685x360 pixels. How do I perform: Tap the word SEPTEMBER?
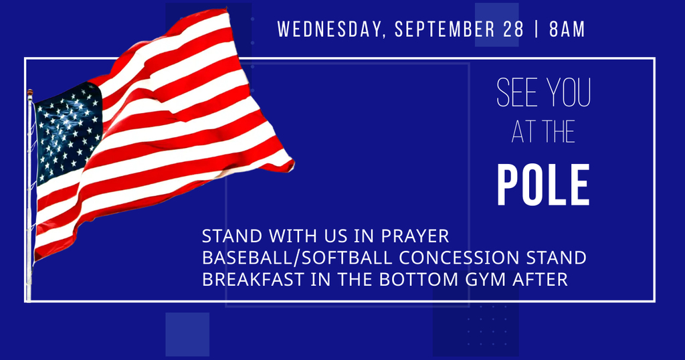point(444,29)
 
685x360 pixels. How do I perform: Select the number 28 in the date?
point(513,29)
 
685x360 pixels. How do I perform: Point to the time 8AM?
point(567,29)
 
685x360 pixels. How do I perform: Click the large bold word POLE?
point(544,185)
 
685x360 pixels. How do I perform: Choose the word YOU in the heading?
point(569,92)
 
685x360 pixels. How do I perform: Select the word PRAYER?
point(415,236)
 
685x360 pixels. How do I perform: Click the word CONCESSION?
point(459,258)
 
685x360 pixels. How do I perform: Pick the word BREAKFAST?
point(253,279)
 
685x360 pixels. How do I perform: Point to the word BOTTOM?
point(419,279)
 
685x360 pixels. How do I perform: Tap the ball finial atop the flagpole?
point(29,92)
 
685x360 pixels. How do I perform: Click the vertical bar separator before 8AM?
point(536,29)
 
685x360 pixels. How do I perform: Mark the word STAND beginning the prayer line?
point(232,236)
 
